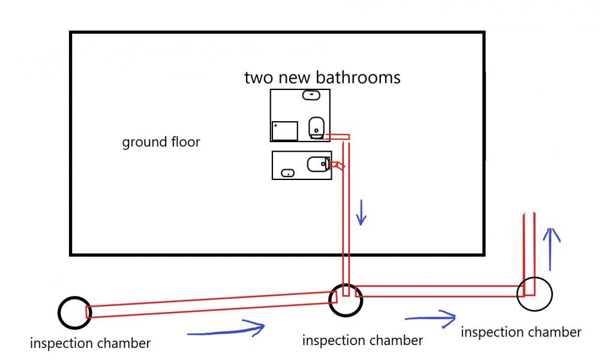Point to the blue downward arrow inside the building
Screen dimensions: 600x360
click(361, 212)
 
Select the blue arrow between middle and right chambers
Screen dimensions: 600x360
click(430, 318)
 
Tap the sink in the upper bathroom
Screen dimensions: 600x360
click(311, 95)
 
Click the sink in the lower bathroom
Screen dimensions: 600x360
click(288, 173)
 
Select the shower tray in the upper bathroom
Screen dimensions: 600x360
click(284, 131)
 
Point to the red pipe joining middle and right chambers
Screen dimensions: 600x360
click(440, 291)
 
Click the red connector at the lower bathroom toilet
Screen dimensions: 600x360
click(337, 165)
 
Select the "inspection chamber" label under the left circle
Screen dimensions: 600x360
click(91, 343)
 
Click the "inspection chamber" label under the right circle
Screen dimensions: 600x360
click(521, 332)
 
